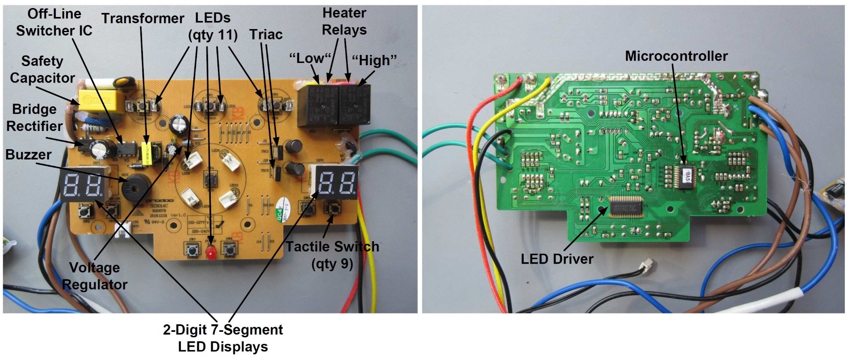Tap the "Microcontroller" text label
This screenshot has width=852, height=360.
click(x=676, y=56)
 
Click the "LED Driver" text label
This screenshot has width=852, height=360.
click(x=557, y=259)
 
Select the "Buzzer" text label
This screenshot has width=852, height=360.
click(x=29, y=155)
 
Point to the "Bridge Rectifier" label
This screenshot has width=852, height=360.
click(x=34, y=117)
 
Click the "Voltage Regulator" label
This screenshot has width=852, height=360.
click(x=95, y=276)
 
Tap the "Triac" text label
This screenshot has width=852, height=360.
click(x=266, y=34)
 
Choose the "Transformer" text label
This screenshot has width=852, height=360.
click(x=142, y=18)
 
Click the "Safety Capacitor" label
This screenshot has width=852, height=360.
click(x=42, y=69)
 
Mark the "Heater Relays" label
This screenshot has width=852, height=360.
click(x=344, y=21)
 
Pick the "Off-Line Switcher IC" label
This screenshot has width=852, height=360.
click(x=54, y=22)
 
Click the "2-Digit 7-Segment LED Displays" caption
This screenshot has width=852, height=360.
click(x=223, y=338)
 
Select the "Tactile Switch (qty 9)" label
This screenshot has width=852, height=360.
click(x=332, y=255)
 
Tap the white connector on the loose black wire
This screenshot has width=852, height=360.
click(x=646, y=267)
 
